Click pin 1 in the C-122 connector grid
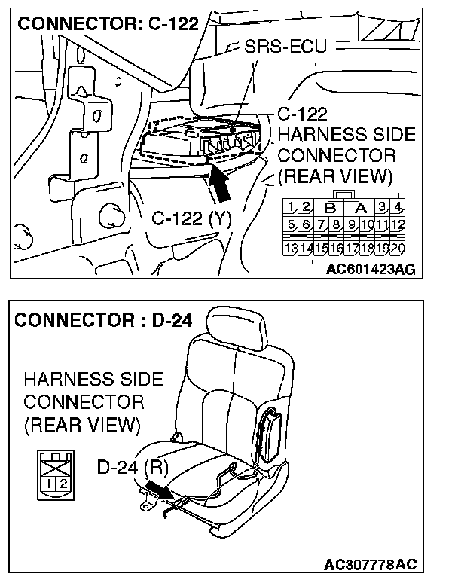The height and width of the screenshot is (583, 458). [289, 206]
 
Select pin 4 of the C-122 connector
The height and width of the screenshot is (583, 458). [398, 206]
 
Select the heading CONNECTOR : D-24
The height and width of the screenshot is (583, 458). [102, 319]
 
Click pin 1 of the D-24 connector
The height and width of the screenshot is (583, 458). [50, 482]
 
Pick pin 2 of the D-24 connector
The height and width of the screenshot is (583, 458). [63, 482]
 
